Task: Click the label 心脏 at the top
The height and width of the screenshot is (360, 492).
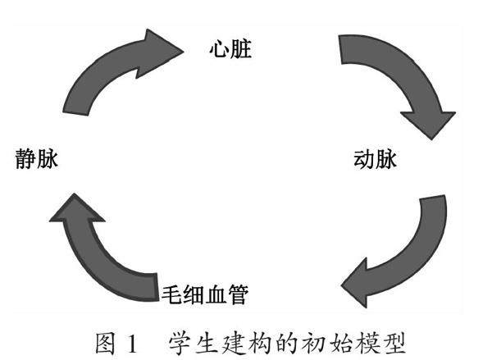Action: coord(230,50)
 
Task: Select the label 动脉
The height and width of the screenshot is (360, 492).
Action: coord(374,158)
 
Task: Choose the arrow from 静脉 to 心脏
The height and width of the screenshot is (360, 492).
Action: coord(107,74)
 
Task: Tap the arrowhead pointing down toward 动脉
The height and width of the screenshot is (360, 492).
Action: coord(431,123)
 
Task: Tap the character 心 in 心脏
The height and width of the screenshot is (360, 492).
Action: coord(218,50)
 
